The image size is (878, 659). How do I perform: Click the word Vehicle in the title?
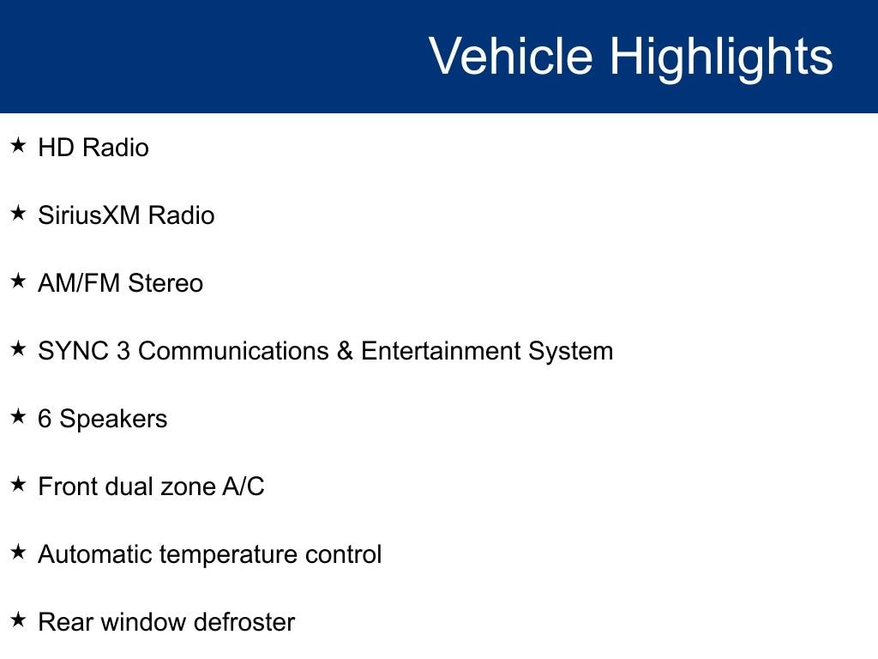pyautogui.click(x=511, y=56)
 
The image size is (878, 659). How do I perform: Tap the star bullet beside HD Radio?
pyautogui.click(x=19, y=145)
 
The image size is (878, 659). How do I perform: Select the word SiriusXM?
pyautogui.click(x=88, y=215)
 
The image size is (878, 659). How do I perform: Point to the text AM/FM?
pyautogui.click(x=79, y=283)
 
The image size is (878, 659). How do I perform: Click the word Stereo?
pyautogui.click(x=165, y=283)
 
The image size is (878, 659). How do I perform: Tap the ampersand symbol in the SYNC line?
pyautogui.click(x=345, y=351)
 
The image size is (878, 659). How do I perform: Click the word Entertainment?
pyautogui.click(x=441, y=351)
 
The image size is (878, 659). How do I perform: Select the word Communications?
pyautogui.click(x=233, y=351)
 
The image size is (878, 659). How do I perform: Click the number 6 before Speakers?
pyautogui.click(x=45, y=419)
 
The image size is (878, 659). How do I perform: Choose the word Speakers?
pyautogui.click(x=113, y=420)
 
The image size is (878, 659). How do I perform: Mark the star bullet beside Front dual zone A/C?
pyautogui.click(x=19, y=484)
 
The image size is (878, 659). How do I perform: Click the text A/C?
pyautogui.click(x=243, y=487)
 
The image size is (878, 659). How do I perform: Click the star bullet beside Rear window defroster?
pyautogui.click(x=19, y=620)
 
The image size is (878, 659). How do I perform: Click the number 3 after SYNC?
pyautogui.click(x=123, y=351)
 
